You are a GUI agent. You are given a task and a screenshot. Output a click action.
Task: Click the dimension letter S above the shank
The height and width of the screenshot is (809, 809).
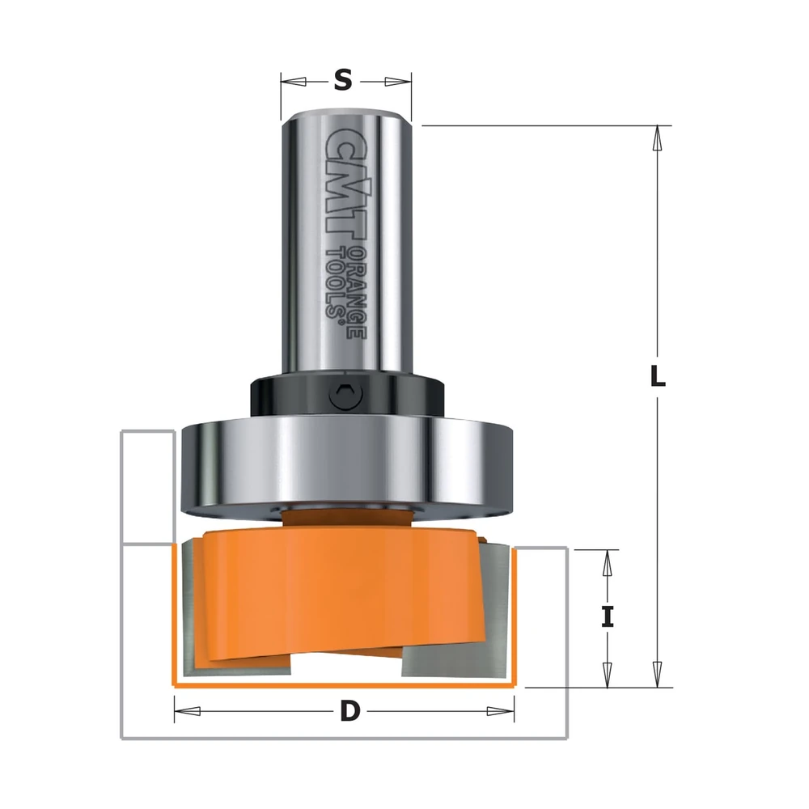tap(343, 81)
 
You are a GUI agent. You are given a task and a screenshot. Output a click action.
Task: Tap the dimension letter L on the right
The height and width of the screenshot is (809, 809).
tap(657, 376)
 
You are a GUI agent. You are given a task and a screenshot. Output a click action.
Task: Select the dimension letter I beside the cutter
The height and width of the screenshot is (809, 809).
tap(608, 617)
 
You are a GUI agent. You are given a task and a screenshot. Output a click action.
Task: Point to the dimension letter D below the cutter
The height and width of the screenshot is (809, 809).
tap(349, 711)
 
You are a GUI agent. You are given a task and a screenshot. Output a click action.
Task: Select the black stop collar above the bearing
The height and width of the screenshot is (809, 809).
tap(347, 396)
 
